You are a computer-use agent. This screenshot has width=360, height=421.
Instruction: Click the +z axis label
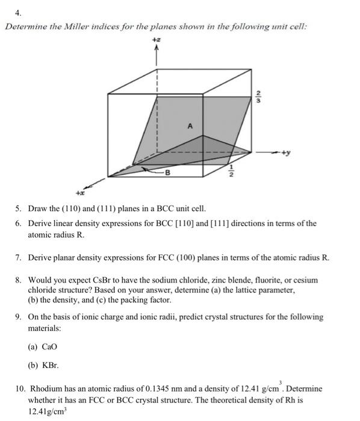click(x=157, y=39)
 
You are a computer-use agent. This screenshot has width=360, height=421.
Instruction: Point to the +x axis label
click(x=79, y=194)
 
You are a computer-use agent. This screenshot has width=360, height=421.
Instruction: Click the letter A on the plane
click(x=190, y=126)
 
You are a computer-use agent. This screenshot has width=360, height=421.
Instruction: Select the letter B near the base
click(x=168, y=174)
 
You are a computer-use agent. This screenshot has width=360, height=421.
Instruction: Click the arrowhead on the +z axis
click(x=157, y=49)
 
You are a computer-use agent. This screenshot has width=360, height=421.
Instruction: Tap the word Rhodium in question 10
click(x=46, y=389)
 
